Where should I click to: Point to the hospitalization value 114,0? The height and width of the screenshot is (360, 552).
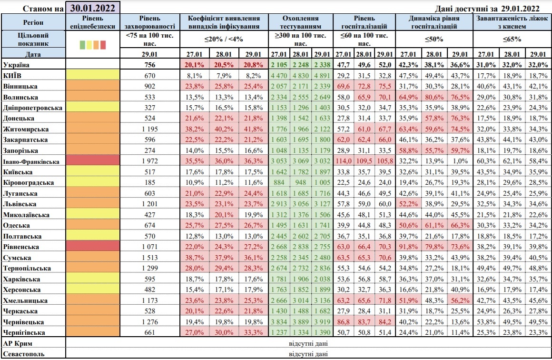tap(343, 161)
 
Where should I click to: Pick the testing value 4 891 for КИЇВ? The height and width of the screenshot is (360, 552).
tap(322, 75)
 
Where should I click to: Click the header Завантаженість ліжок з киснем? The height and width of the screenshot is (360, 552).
tap(512, 21)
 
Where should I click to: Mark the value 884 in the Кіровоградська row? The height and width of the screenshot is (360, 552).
tap(278, 183)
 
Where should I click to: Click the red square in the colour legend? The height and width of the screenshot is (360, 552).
tap(103, 45)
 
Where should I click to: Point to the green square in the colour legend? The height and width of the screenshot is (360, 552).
tap(82, 45)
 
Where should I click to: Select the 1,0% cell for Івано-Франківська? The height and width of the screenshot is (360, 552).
tap(456, 161)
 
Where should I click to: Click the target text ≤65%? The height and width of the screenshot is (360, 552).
tap(512, 39)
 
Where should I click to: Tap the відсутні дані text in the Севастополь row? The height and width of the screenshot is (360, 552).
tap(308, 354)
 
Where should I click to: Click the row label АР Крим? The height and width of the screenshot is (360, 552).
tap(19, 343)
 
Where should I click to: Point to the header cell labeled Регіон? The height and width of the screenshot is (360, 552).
tap(33, 22)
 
